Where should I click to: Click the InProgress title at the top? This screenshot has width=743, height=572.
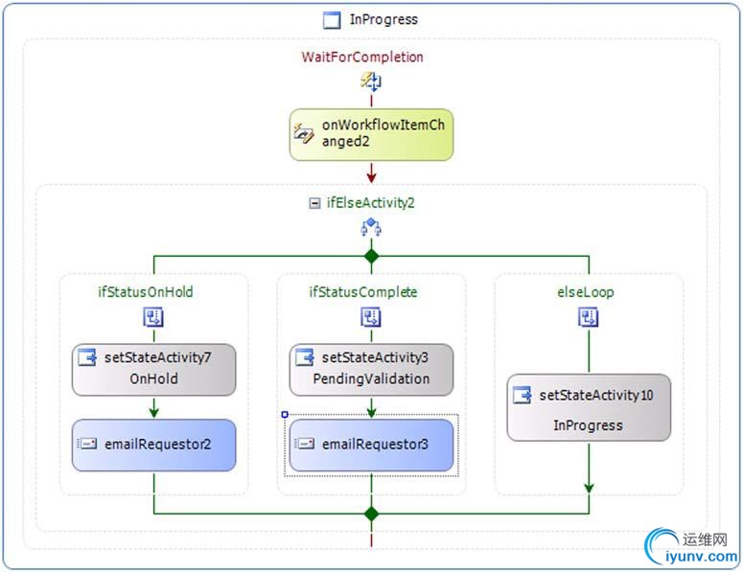tap(383, 19)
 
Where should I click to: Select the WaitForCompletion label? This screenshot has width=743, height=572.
tap(362, 57)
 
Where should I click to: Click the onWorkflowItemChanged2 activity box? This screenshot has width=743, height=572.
tap(371, 133)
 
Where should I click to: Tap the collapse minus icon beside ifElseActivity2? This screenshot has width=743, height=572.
tap(313, 203)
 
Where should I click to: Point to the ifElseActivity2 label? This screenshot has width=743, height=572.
tap(370, 203)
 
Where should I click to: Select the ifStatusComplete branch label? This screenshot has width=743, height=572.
tap(362, 292)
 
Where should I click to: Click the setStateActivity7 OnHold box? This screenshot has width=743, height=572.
tap(153, 369)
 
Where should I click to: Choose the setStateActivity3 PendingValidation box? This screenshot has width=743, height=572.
tap(371, 369)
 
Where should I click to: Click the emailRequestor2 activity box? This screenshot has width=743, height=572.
tap(153, 445)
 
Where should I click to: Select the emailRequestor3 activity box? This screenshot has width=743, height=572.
tap(371, 445)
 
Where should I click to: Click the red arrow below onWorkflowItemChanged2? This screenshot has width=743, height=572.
tap(371, 174)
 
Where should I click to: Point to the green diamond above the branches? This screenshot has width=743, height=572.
tap(371, 256)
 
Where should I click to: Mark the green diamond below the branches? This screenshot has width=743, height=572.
tap(371, 514)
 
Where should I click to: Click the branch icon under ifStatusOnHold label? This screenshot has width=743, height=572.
tap(153, 317)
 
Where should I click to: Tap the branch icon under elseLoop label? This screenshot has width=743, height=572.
tap(589, 317)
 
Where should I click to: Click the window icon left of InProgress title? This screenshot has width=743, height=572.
tap(332, 20)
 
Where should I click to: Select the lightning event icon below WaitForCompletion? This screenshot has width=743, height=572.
tap(370, 80)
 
